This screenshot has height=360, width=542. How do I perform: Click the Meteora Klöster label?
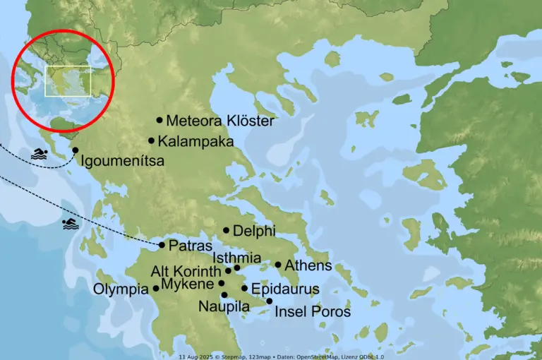pyautogui.click(x=219, y=121)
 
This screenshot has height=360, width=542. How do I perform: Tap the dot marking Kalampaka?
pyautogui.click(x=151, y=140)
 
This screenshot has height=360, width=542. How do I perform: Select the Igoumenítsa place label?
pyautogui.click(x=123, y=161)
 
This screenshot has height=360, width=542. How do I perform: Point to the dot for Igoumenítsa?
pyautogui.click(x=76, y=150)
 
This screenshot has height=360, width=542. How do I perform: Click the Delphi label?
pyautogui.click(x=253, y=231)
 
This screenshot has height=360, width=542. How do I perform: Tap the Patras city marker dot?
pyautogui.click(x=162, y=245)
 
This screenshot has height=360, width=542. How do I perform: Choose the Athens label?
pyautogui.click(x=308, y=266)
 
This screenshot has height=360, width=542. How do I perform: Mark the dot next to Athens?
pyautogui.click(x=278, y=265)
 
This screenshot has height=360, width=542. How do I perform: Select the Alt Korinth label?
pyautogui.click(x=186, y=272)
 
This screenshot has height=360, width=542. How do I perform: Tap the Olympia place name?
pyautogui.click(x=121, y=289)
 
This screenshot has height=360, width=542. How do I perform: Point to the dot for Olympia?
pyautogui.click(x=156, y=288)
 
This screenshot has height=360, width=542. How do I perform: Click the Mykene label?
pyautogui.click(x=187, y=284)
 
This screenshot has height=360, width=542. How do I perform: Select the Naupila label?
pyautogui.click(x=224, y=306)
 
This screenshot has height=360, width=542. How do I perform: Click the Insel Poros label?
pyautogui.click(x=312, y=311)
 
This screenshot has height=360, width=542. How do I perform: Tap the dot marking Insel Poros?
pyautogui.click(x=269, y=301)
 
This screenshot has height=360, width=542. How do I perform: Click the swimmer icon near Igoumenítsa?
pyautogui.click(x=39, y=154)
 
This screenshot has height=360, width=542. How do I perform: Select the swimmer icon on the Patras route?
pyautogui.click(x=70, y=224)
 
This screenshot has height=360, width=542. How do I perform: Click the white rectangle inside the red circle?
pyautogui.click(x=68, y=81)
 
